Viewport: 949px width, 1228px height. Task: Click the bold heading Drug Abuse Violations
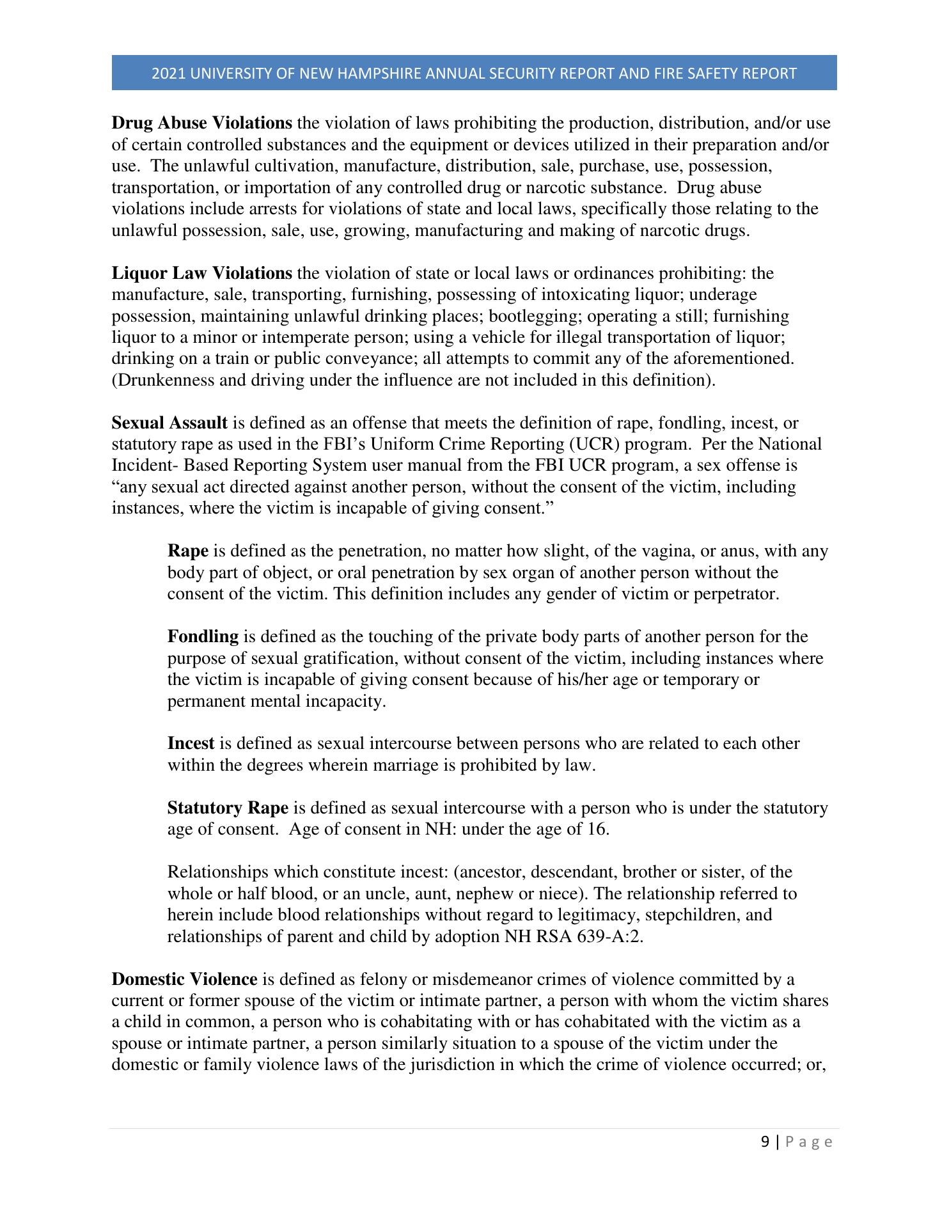pos(202,123)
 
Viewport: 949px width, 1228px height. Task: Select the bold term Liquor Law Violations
pos(202,274)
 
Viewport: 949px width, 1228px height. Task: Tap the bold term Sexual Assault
pos(169,423)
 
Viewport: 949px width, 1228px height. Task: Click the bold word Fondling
pos(203,637)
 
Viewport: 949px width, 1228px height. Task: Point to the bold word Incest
pos(191,744)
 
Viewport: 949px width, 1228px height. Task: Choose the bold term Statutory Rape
pos(228,808)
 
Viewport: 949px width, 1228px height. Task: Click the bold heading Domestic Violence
pos(184,980)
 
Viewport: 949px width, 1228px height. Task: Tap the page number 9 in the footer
pos(765,1142)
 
